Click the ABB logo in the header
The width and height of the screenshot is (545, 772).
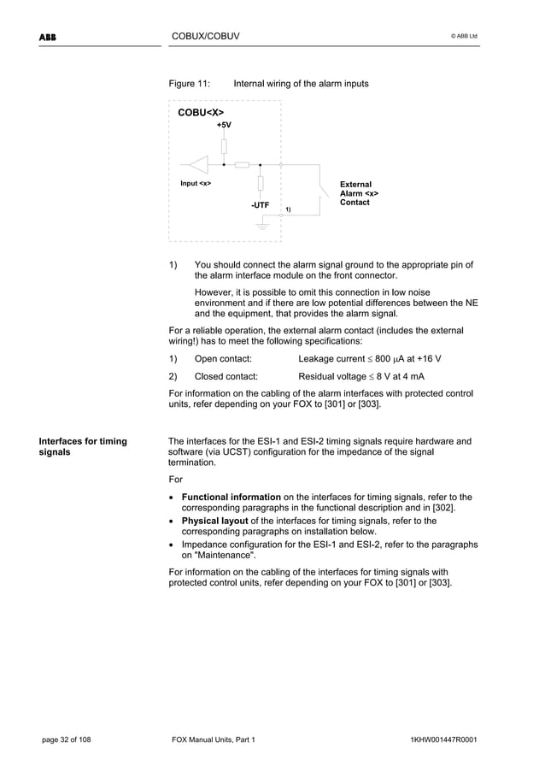46,36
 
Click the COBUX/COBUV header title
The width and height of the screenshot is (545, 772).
205,36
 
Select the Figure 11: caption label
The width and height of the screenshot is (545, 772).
190,84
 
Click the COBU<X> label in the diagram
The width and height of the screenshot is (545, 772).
201,112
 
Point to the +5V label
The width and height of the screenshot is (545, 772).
223,125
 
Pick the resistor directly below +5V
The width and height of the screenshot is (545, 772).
224,145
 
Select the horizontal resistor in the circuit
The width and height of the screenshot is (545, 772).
242,164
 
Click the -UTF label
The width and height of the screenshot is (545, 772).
260,206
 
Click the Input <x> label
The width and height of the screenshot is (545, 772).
196,184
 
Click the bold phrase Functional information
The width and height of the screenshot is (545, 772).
231,497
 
